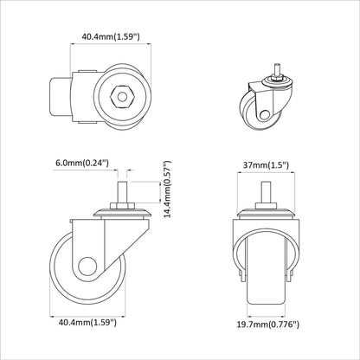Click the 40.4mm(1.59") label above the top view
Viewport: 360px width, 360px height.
[111, 36]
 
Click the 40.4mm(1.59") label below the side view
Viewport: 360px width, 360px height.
[87, 322]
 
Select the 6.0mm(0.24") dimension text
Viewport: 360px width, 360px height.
[82, 163]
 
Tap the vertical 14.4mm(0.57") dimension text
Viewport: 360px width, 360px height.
[167, 190]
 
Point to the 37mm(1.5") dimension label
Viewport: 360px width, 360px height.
[266, 165]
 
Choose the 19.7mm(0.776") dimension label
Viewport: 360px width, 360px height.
[268, 325]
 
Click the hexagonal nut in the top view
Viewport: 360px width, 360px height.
[122, 97]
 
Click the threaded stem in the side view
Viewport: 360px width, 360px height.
[122, 192]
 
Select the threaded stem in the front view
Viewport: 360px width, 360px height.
[266, 192]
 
